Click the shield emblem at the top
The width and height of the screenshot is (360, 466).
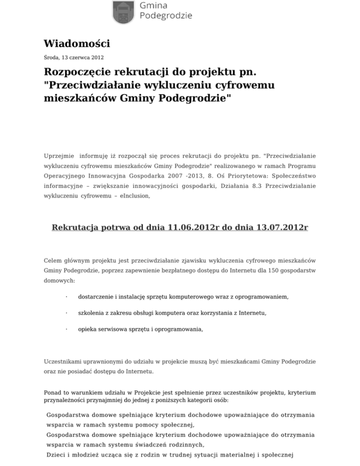coord(124,12)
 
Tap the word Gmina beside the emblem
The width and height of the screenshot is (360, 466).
coord(154,5)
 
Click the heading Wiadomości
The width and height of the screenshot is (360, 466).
coord(77,44)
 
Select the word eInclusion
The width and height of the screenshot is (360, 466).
coord(135,197)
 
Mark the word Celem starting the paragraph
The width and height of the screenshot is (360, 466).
coord(52,260)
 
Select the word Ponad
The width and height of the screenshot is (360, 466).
coord(53,392)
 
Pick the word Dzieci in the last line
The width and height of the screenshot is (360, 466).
coord(57,454)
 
